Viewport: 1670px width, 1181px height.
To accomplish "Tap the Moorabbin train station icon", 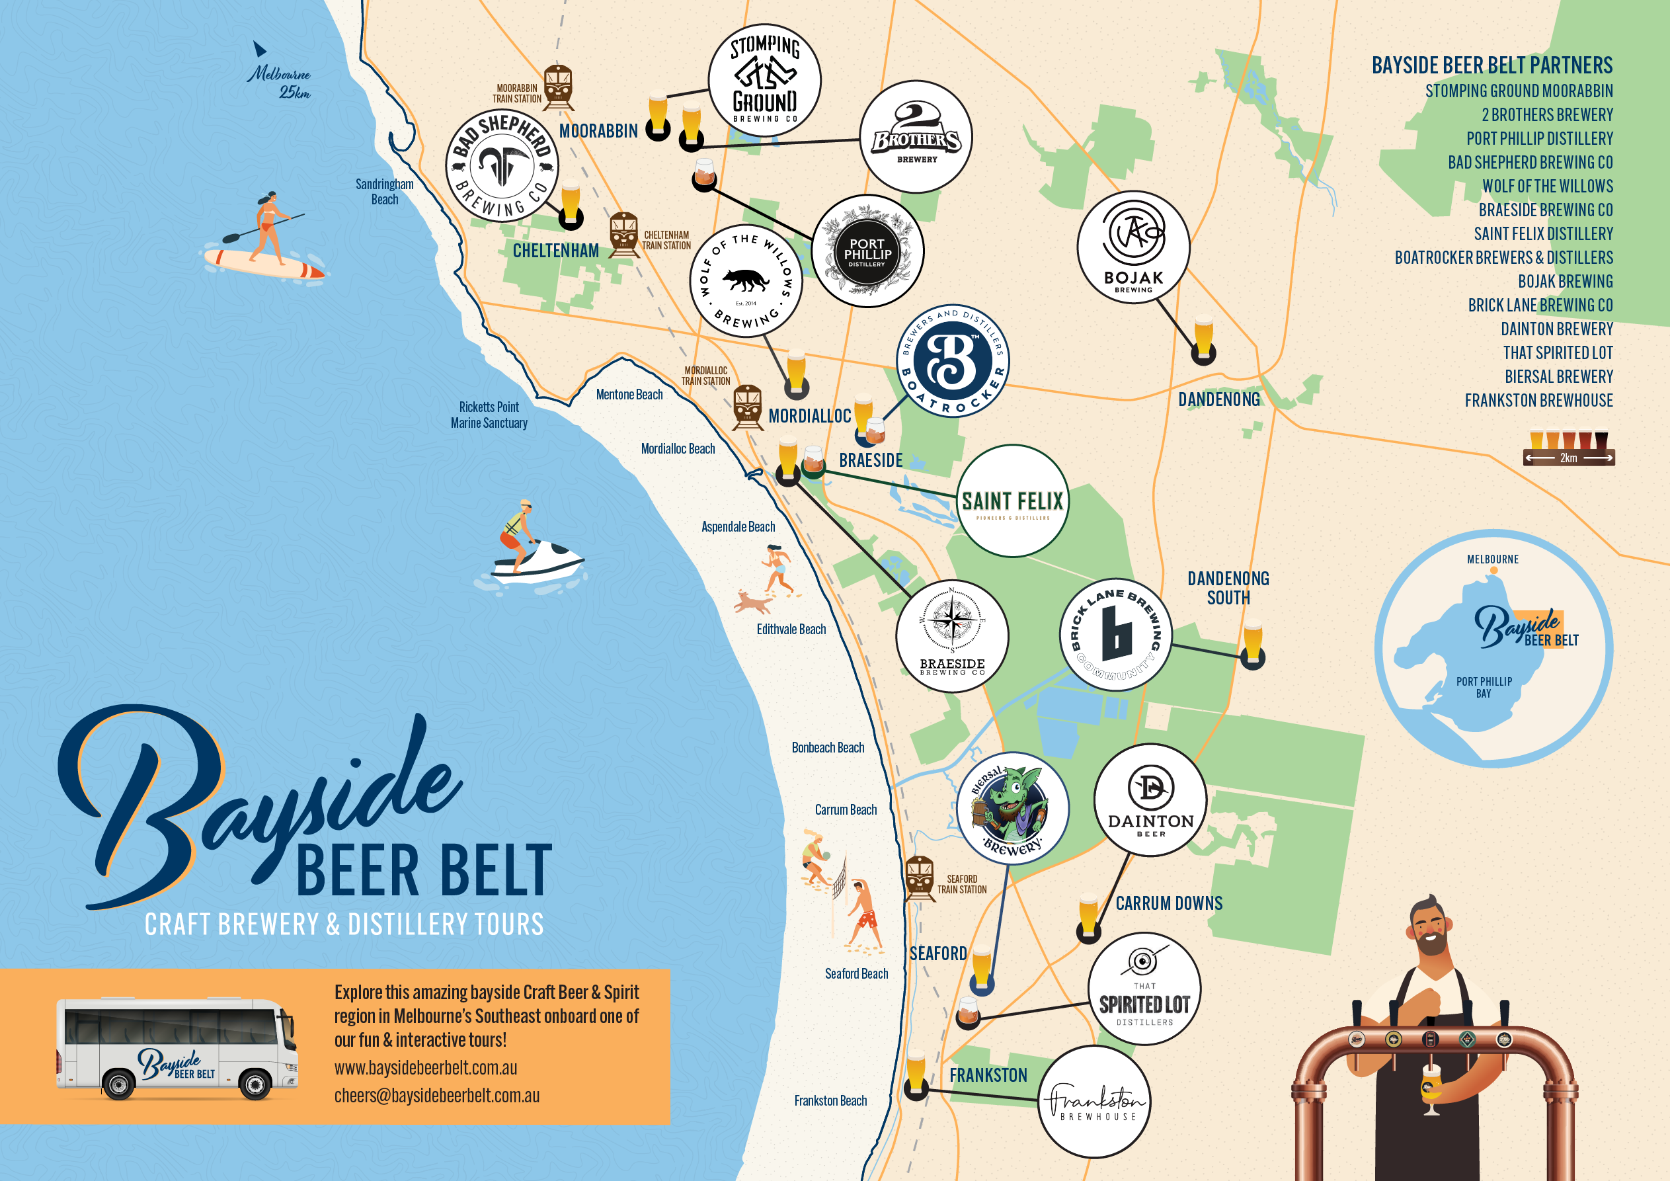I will coord(558,87).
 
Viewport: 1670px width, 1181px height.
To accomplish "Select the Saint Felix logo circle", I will coord(1012,501).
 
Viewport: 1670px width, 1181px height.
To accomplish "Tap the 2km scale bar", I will coord(1568,458).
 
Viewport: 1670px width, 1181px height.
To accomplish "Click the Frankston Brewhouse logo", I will coord(1094,1101).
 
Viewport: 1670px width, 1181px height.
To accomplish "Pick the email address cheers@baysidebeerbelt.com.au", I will coord(436,1095).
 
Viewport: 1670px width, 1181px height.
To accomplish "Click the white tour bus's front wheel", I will coord(255,1085).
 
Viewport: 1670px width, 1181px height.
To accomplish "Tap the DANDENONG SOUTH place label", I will coord(1228,588).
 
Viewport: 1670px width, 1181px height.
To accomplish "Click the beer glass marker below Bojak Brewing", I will coord(1203,339).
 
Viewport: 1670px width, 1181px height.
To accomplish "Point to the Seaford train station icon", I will coord(920,878).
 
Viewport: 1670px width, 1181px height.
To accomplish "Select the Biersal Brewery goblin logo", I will coord(1012,807).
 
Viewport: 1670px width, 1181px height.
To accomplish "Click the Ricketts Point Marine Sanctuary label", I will coord(489,415).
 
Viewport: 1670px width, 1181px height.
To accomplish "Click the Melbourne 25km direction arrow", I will coord(259,50).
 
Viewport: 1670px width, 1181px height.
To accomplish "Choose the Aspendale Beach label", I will coord(738,527).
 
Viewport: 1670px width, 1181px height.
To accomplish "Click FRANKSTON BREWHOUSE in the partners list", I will coord(1538,400).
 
